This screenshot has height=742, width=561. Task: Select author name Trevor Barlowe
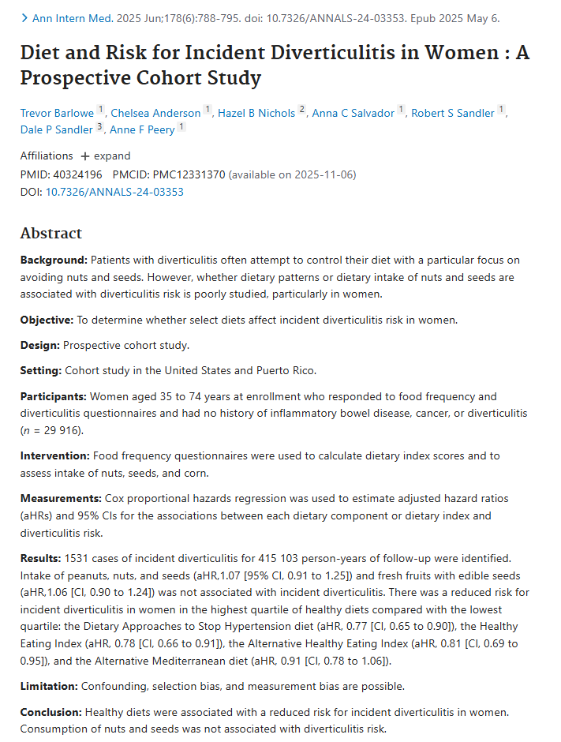tap(57, 113)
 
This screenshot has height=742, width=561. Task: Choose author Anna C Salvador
tap(353, 113)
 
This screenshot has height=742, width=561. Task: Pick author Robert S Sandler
tap(453, 113)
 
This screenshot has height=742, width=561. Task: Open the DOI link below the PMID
tap(114, 191)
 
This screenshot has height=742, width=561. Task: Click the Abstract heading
tap(50, 233)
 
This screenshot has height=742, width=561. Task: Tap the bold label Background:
tap(54, 260)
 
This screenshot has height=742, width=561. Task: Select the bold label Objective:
tap(47, 320)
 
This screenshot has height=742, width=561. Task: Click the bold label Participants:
tap(53, 396)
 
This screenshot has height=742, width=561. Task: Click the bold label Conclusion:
tap(51, 711)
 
